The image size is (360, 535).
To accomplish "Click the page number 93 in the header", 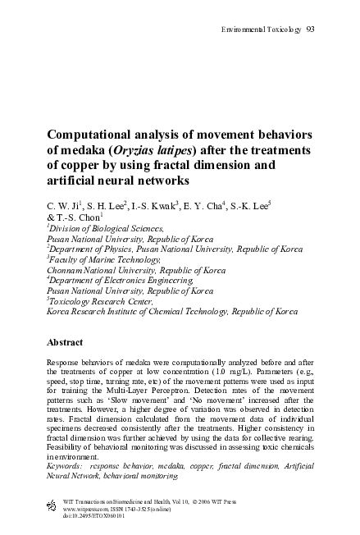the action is (x=311, y=30).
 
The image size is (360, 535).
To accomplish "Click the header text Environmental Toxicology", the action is (x=261, y=30).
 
